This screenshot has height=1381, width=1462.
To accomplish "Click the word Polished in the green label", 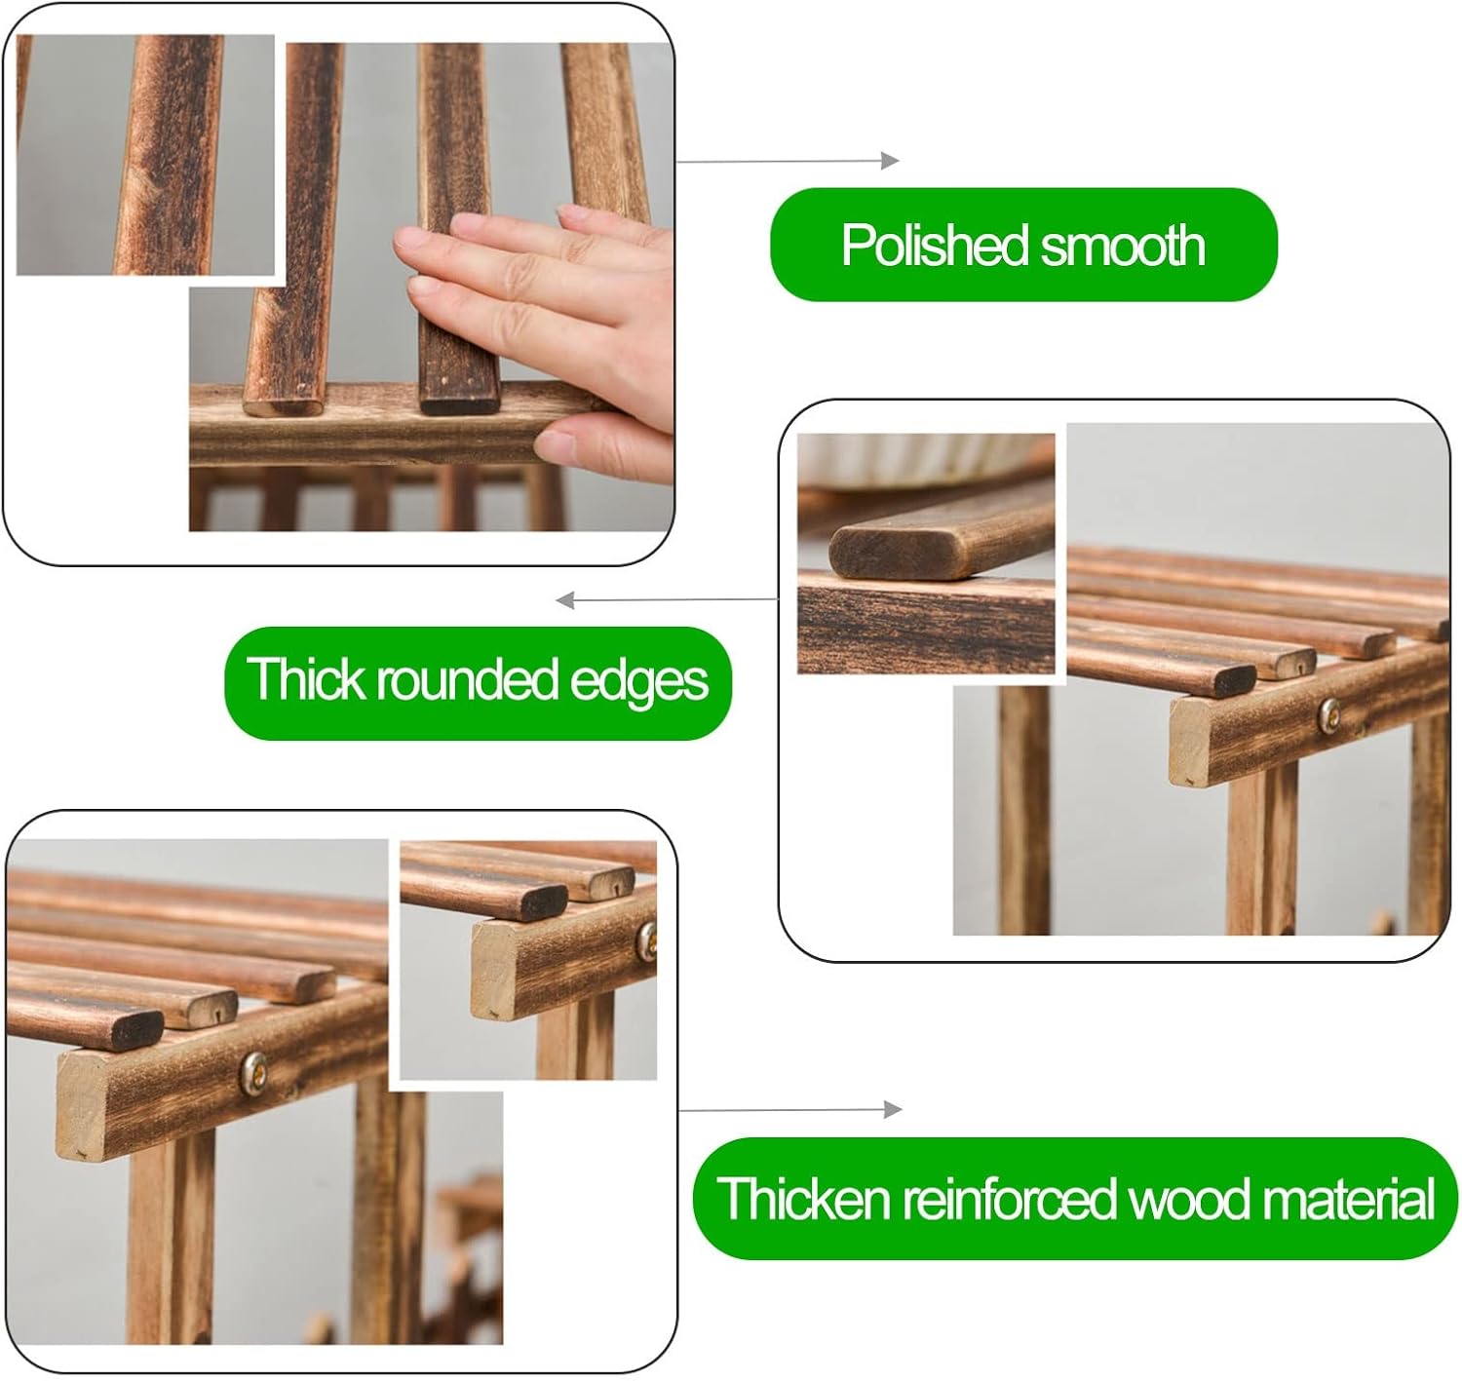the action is [934, 246].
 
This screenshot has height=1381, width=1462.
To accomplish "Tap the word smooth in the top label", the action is [1124, 246].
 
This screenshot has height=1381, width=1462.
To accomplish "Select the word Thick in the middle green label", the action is [305, 677].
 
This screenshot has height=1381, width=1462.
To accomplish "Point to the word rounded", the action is [468, 678].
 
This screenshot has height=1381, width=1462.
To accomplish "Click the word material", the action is [1349, 1199].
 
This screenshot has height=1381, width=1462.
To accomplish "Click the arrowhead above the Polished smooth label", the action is [890, 161].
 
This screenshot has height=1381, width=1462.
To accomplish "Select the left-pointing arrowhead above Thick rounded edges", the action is [565, 600].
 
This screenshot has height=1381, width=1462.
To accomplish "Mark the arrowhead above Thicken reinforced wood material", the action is [893, 1109].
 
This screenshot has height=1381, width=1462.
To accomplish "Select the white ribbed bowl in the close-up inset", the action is [925, 459].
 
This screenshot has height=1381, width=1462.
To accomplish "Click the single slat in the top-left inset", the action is [169, 155].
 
